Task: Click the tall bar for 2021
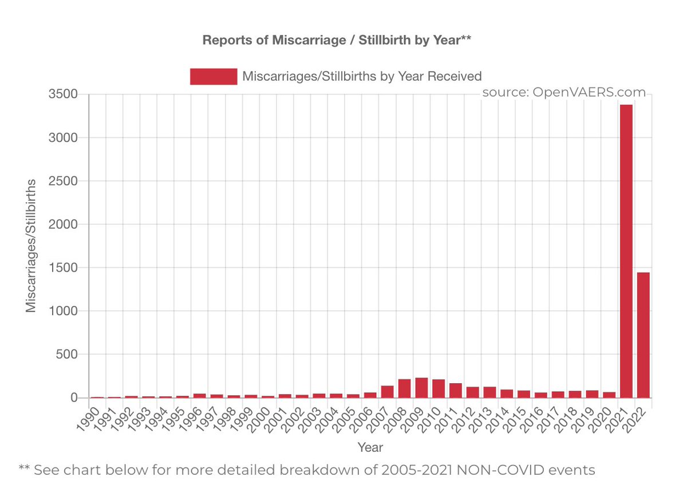tap(626, 251)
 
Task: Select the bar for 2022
tap(643, 335)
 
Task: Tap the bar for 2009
tap(422, 388)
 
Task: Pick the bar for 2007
tap(388, 392)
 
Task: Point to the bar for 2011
tap(456, 390)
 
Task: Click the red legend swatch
tap(214, 76)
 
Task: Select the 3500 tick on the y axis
tap(63, 94)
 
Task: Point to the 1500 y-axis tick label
tap(63, 268)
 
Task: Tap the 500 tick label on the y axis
tap(67, 354)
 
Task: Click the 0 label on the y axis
tap(74, 397)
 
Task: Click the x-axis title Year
tap(370, 448)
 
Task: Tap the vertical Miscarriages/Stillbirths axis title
tap(31, 246)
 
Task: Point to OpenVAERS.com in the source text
tap(589, 92)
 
